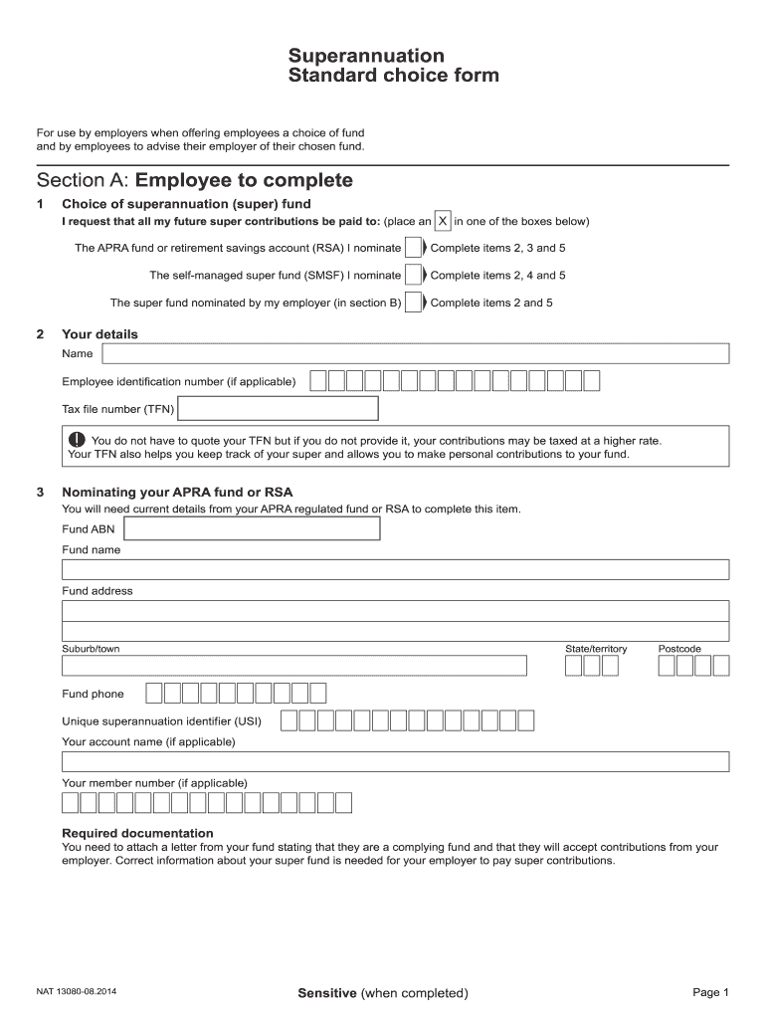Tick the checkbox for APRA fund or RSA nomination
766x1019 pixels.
click(x=413, y=248)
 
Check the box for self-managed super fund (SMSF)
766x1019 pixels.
click(x=413, y=275)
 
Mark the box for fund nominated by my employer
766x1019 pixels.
click(x=413, y=303)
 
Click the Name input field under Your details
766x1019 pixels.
click(x=415, y=354)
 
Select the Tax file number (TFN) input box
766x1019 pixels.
click(x=278, y=409)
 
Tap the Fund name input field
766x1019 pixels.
click(x=395, y=569)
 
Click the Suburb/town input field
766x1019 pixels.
click(x=294, y=666)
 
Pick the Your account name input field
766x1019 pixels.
click(x=395, y=761)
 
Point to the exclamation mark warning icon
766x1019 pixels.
click(x=78, y=440)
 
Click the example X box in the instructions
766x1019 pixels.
click(x=444, y=221)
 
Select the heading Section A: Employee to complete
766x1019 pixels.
click(x=195, y=180)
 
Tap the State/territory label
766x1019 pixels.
click(x=596, y=649)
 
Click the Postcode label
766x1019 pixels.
click(x=679, y=649)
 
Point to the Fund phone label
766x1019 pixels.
click(x=94, y=694)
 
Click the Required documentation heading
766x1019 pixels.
click(x=137, y=833)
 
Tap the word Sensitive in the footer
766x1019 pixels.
click(x=327, y=993)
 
